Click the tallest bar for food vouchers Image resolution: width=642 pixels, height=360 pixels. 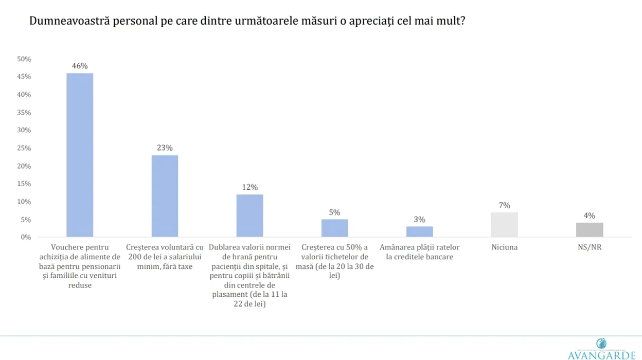point(80,155)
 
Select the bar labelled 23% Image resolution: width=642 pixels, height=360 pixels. point(165,196)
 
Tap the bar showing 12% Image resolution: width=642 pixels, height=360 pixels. point(249,215)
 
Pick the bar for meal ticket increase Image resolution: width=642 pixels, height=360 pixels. point(334,228)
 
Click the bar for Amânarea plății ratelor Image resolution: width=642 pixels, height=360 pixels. point(419,231)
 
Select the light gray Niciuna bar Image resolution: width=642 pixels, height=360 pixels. point(504,224)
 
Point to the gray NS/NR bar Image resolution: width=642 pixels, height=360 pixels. point(590,230)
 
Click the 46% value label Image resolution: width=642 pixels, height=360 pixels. point(80,66)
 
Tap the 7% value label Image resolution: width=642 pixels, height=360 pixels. point(504,205)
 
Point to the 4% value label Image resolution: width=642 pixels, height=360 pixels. point(590,215)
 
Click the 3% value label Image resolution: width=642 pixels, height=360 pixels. point(419,220)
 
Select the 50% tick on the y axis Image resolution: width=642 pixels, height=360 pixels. point(24,59)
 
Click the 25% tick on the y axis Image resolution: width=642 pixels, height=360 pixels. point(24,148)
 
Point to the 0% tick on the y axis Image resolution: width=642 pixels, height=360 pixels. point(26,237)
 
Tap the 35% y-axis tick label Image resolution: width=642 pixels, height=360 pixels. point(24,113)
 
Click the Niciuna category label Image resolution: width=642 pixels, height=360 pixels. point(504,247)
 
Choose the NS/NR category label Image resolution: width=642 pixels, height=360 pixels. point(590,247)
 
